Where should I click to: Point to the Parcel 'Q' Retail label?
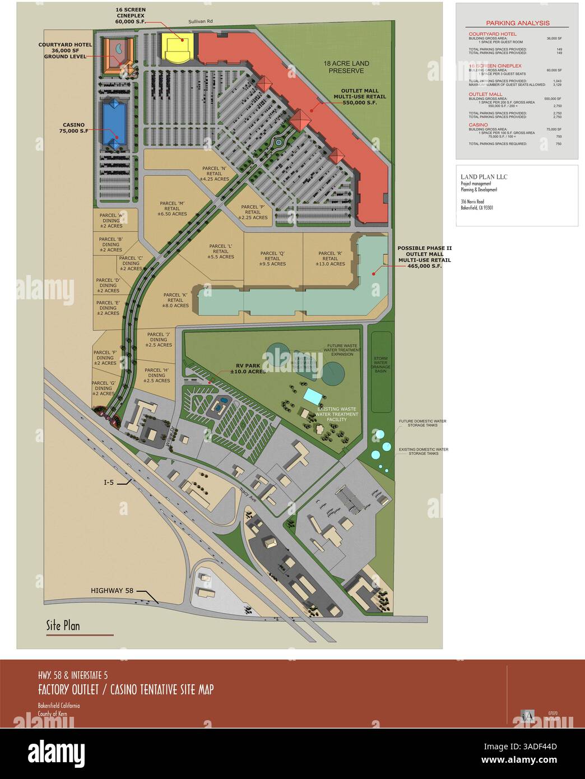[273, 258]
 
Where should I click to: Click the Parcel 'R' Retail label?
[330, 258]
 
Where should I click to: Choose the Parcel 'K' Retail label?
[175, 300]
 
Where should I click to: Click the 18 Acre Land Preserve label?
[346, 67]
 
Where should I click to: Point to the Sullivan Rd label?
[201, 22]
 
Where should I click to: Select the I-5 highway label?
[109, 481]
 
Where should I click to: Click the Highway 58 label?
[112, 590]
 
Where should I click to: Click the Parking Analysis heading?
[517, 23]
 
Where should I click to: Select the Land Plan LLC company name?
[484, 177]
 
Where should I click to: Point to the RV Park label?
[248, 368]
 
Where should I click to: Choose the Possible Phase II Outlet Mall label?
[424, 257]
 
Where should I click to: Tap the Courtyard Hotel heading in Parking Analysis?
[487, 34]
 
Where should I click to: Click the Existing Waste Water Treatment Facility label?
[337, 414]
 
